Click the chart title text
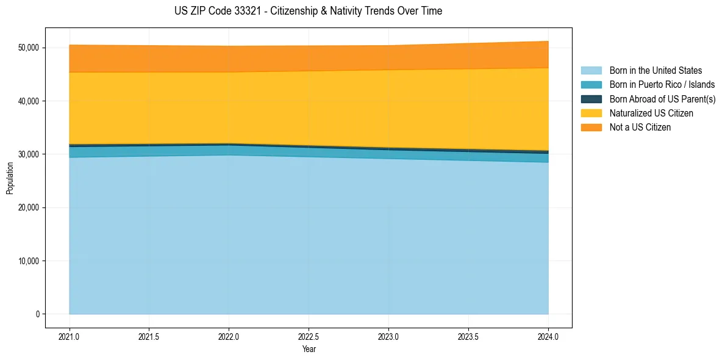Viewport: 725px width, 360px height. click(x=308, y=11)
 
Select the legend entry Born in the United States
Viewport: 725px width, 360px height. click(x=655, y=71)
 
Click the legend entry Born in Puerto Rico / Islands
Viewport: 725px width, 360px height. click(x=662, y=85)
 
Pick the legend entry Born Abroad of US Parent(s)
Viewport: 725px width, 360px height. click(x=662, y=99)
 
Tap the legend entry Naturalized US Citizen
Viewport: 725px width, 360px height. click(x=651, y=113)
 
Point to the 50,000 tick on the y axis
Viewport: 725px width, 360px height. click(x=28, y=48)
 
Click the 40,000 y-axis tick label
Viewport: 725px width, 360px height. click(x=28, y=101)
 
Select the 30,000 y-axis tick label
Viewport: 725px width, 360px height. click(x=28, y=154)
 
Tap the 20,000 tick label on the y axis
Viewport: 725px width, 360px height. click(x=28, y=207)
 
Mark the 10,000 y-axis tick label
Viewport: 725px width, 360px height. click(x=28, y=261)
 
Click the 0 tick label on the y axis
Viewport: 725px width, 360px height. click(x=38, y=314)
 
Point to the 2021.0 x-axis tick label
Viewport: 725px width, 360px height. click(x=70, y=337)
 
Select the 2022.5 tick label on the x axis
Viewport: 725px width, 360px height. click(x=309, y=337)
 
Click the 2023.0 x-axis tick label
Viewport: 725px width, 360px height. click(x=389, y=337)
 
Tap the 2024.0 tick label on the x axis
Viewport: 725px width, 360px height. click(x=549, y=337)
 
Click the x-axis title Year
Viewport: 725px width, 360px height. click(x=309, y=349)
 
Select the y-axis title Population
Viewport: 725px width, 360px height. click(x=10, y=178)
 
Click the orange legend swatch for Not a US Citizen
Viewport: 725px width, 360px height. click(x=591, y=128)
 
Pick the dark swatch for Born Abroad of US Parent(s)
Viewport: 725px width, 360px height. click(x=591, y=99)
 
